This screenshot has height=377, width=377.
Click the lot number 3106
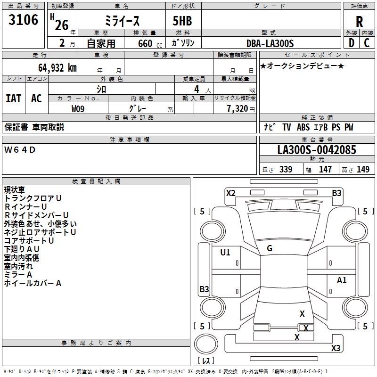[24, 20]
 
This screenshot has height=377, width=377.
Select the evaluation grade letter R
[359, 22]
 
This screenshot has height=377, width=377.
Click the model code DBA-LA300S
[270, 43]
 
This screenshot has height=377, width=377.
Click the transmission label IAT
[13, 98]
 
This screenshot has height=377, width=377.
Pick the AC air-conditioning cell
[36, 98]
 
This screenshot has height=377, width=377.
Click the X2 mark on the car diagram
[230, 193]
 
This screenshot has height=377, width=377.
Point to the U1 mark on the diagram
[225, 253]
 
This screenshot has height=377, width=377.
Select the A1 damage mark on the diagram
[342, 280]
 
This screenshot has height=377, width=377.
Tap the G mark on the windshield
[270, 248]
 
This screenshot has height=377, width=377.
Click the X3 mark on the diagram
[336, 348]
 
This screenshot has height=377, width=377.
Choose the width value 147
[325, 170]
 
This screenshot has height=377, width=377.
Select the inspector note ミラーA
[18, 275]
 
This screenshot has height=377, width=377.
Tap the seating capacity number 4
[196, 89]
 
